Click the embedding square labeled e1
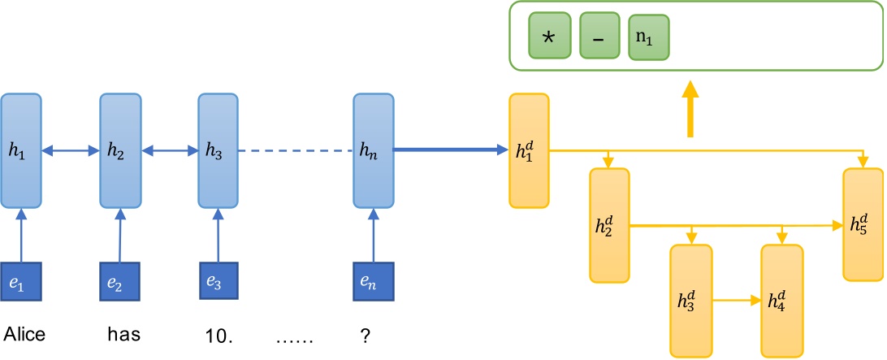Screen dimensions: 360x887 click(21, 283)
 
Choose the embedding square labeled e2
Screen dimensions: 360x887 click(120, 283)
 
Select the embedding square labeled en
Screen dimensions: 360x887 click(373, 283)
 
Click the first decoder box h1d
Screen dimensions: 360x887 click(529, 151)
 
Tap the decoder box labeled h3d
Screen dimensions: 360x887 click(690, 300)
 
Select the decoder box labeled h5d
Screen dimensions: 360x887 click(862, 223)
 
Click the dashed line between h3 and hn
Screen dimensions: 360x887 click(296, 150)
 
